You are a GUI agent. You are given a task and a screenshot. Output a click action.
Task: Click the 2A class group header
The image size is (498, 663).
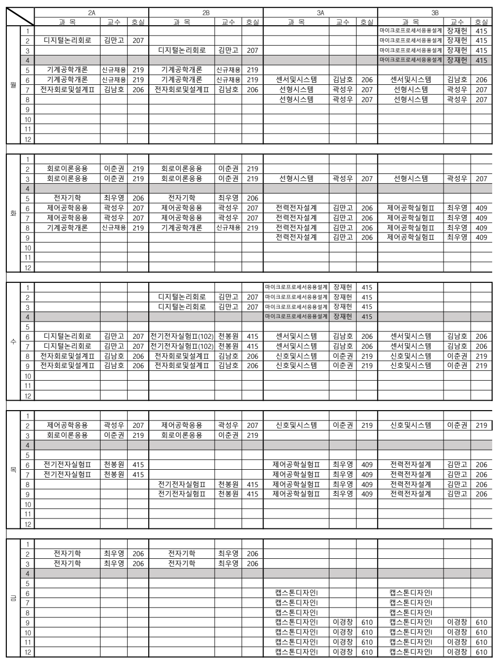point(91,12)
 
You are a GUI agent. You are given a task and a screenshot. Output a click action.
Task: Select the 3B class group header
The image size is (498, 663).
point(435,12)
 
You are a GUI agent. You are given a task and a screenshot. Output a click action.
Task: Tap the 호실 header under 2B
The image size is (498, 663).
point(251,21)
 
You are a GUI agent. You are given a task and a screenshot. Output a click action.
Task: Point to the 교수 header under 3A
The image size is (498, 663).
point(342,21)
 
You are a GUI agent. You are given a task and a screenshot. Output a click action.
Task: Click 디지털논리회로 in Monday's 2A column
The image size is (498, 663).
point(67,40)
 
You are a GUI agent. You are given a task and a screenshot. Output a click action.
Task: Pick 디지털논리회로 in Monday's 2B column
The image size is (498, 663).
point(182,50)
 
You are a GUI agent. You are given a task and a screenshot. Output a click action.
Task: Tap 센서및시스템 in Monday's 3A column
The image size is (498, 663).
point(296,80)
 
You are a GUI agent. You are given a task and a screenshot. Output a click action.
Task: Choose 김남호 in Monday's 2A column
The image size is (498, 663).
point(114,90)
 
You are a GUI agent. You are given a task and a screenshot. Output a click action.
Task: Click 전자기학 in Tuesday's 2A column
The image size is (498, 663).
point(67,198)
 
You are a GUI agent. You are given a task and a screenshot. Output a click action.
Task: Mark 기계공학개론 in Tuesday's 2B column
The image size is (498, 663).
point(182,227)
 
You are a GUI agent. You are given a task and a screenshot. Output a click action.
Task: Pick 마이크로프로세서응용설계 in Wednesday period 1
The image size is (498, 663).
point(296,286)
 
